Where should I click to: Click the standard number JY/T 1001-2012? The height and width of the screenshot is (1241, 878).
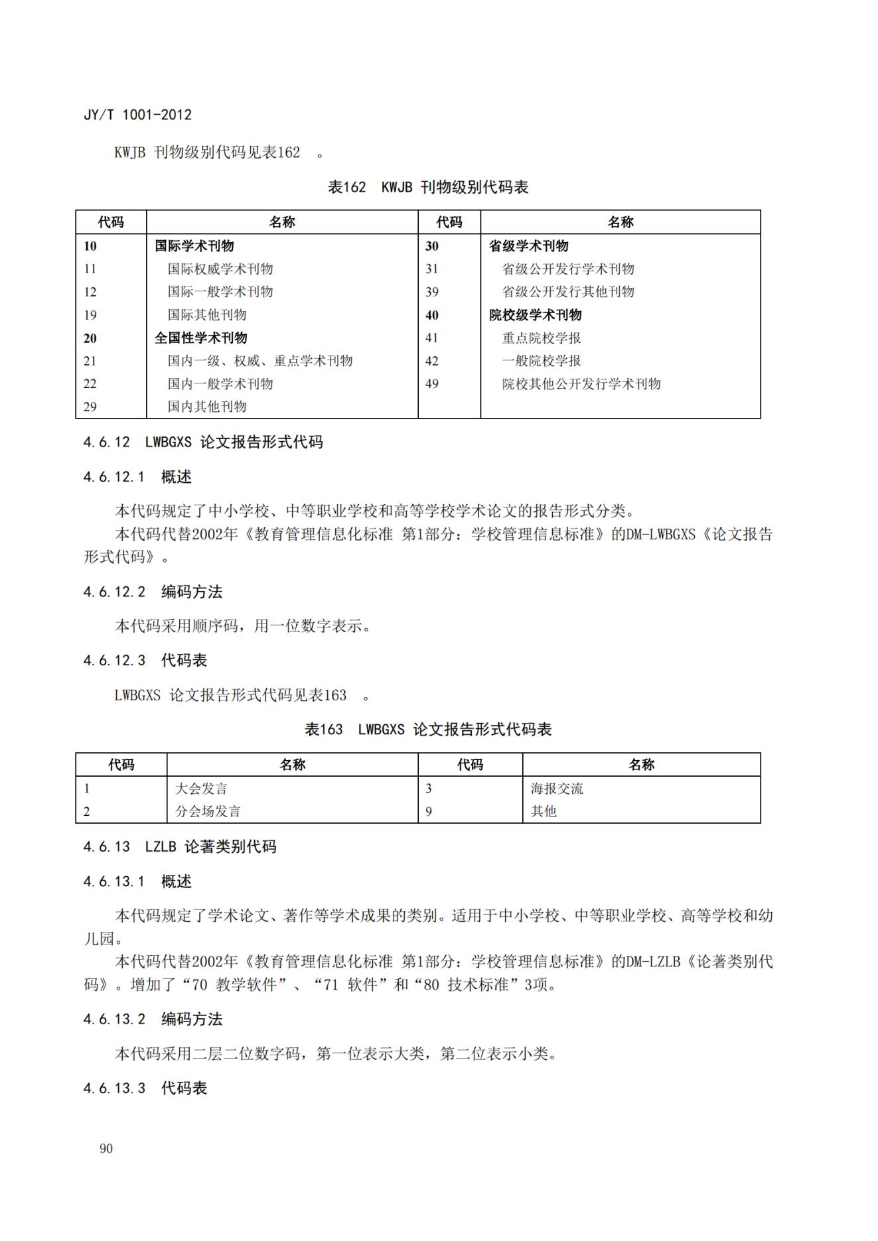coord(137,115)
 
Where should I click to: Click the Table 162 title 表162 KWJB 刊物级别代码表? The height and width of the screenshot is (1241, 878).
coord(428,188)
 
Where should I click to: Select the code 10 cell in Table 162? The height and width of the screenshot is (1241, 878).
coord(90,246)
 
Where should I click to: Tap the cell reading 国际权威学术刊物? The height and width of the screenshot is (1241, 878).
coord(220,269)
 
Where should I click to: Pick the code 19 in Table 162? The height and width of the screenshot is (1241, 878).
coord(90,315)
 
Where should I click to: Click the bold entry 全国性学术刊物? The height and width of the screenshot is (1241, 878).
coord(200,338)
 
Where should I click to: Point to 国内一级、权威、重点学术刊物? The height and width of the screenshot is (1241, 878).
coord(259,361)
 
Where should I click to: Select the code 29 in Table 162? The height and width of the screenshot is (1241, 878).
coord(90,407)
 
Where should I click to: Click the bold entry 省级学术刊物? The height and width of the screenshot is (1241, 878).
coord(528,246)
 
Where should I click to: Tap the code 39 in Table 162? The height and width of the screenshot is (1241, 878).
coord(432,292)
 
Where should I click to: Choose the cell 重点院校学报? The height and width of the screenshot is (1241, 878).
coord(541,338)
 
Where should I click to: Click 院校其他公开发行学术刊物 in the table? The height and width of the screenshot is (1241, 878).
coord(581,384)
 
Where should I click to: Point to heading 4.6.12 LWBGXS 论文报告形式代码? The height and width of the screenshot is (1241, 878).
coord(203,442)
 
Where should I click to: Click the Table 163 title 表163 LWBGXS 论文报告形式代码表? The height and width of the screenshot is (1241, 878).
coord(428,730)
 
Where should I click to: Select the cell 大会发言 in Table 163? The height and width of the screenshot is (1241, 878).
coord(201,789)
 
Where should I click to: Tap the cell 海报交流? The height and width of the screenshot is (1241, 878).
coord(557,789)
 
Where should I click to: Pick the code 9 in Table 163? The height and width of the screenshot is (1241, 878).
coord(429,812)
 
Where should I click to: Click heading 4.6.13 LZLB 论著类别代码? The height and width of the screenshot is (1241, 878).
coord(180,847)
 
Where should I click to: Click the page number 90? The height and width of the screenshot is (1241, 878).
coord(106,1149)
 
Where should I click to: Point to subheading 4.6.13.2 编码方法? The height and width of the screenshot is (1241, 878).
coord(153,1019)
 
